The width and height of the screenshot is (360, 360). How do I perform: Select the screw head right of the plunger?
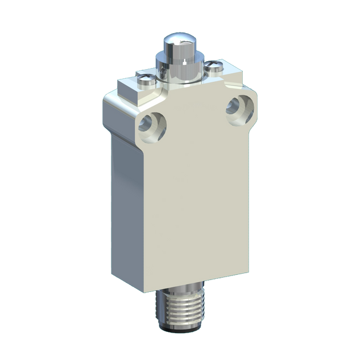pos(216,69)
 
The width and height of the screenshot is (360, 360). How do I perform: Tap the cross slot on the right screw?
pos(216,67)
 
